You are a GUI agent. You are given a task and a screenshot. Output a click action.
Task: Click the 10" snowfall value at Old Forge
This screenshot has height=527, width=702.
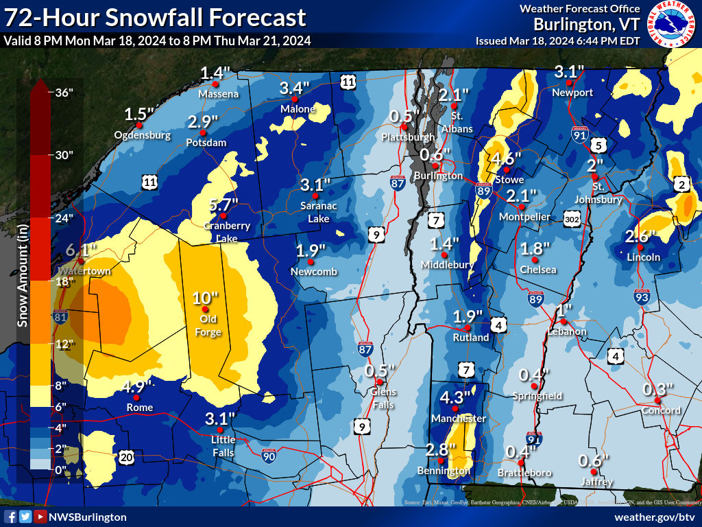pyautogui.click(x=205, y=298)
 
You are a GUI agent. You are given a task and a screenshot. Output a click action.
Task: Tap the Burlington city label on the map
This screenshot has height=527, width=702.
pyautogui.click(x=438, y=176)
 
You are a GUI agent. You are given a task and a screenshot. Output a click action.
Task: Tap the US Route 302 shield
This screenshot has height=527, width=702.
pyautogui.click(x=573, y=218)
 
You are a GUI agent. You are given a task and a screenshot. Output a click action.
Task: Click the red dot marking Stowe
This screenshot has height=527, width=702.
pyautogui.click(x=507, y=169)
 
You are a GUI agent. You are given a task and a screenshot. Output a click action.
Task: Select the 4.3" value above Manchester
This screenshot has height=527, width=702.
pyautogui.click(x=455, y=398)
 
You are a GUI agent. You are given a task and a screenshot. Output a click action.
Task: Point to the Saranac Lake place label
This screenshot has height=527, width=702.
pyautogui.click(x=315, y=212)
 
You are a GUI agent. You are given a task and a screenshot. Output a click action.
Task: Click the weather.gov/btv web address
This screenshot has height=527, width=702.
pyautogui.click(x=655, y=517)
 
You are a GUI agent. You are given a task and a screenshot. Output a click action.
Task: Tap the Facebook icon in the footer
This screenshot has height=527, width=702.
pyautogui.click(x=10, y=517)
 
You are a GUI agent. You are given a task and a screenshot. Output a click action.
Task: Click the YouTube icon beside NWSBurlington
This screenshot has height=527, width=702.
pyautogui.click(x=41, y=517)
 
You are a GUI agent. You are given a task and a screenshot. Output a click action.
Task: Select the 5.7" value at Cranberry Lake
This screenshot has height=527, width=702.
pyautogui.click(x=224, y=204)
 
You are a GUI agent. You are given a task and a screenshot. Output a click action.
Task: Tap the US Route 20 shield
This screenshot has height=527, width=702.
pyautogui.click(x=128, y=456)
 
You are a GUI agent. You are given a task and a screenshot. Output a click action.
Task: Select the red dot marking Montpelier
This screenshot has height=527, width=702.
pyautogui.click(x=521, y=207)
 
